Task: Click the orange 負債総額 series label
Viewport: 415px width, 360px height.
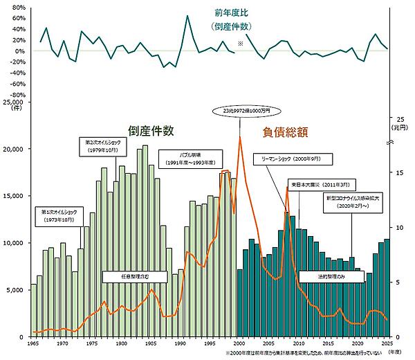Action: pos(285,130)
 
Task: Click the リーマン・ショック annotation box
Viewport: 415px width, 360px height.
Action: pos(292,159)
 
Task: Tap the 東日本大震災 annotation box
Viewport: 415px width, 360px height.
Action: pos(322,185)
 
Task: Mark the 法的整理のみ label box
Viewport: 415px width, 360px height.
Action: pos(322,276)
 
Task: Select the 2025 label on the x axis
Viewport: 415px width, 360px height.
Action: pos(387,344)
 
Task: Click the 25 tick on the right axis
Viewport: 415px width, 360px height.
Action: pos(400,118)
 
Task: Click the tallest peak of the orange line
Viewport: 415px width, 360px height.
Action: pos(240,137)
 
